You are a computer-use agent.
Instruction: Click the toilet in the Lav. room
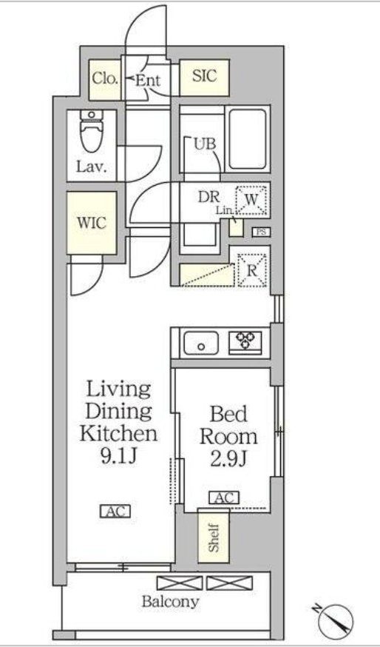click(92, 131)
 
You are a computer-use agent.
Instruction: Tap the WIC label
click(92, 224)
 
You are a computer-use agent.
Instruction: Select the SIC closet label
click(205, 76)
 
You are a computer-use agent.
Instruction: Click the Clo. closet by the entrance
click(105, 80)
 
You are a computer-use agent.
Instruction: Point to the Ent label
click(148, 81)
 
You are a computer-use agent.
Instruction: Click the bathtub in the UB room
click(247, 138)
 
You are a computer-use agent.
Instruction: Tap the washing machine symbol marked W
click(251, 201)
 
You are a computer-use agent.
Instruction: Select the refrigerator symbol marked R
click(251, 270)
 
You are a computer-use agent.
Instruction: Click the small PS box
click(261, 232)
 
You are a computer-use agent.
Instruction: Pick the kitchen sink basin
click(201, 343)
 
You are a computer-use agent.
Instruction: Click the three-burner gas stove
click(245, 343)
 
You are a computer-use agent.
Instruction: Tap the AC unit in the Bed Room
click(224, 498)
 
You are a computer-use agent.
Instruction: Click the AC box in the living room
click(115, 512)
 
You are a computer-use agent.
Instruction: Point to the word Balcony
click(170, 602)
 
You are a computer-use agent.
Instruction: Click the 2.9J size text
click(228, 459)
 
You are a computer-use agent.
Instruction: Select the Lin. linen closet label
click(225, 210)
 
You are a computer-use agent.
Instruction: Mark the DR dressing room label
click(209, 197)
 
